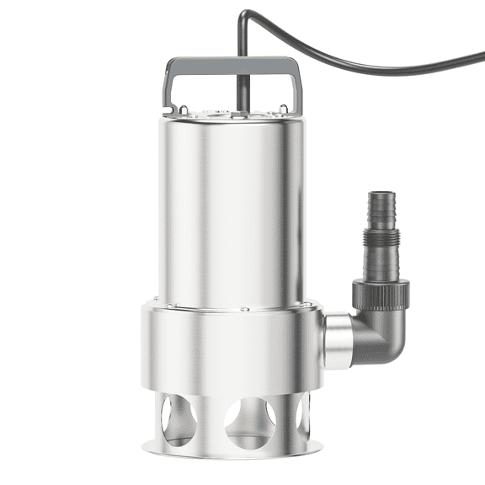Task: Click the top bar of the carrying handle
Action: (x=231, y=63)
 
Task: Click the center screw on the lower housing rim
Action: (x=244, y=309)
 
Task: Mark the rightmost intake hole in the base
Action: (x=304, y=417)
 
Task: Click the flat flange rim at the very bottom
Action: (x=232, y=451)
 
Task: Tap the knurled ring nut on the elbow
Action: (x=381, y=293)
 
